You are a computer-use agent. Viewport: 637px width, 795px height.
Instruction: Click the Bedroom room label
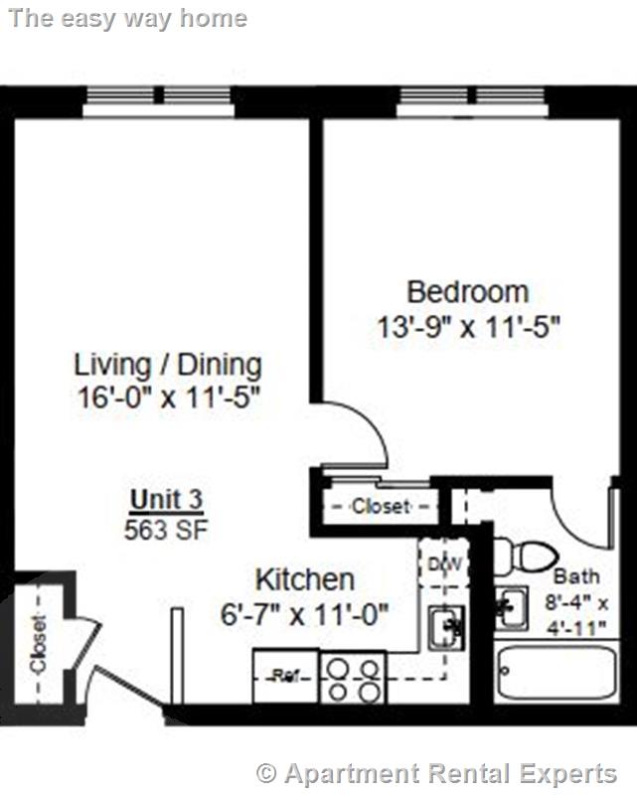pos(467,292)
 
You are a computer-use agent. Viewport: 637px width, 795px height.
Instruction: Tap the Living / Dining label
pos(168,364)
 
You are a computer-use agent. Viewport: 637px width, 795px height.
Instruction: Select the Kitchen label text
pos(304,579)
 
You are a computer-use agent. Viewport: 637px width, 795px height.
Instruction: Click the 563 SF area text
pos(166,530)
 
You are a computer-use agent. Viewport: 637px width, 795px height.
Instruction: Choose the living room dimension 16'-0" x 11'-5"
pos(168,397)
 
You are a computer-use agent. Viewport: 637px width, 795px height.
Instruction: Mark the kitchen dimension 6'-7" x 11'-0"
pos(304,614)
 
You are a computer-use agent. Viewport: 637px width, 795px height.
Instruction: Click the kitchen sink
pos(445,626)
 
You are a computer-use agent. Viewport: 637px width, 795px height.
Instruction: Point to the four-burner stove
pos(353,678)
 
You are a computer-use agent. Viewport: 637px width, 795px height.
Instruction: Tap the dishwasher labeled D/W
pos(443,564)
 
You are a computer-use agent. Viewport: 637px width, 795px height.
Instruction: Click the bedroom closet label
pos(380,506)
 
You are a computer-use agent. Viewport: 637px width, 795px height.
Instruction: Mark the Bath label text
pos(576,576)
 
